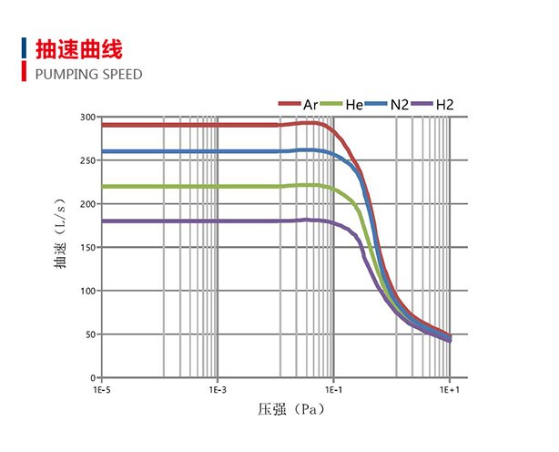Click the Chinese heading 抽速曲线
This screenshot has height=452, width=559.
77,48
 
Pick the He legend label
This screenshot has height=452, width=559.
355,105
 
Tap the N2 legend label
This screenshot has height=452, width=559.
400,105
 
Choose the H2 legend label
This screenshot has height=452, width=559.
444,105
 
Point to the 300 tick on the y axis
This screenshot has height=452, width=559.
87,117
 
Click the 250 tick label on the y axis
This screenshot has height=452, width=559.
87,160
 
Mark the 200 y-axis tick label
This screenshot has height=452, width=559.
87,203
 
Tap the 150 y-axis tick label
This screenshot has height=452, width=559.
87,247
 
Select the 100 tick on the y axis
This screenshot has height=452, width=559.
87,291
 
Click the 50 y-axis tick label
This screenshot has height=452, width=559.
89,334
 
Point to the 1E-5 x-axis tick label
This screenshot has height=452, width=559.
100,389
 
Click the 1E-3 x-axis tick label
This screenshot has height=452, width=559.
217,389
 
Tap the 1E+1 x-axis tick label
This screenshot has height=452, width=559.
450,389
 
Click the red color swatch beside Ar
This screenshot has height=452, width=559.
290,105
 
